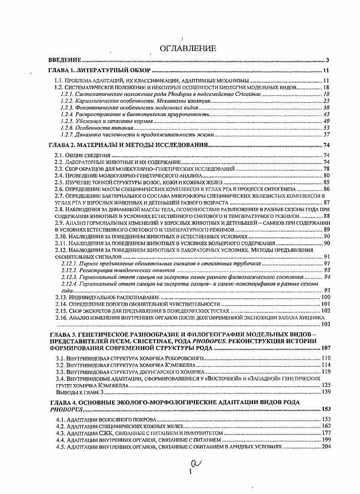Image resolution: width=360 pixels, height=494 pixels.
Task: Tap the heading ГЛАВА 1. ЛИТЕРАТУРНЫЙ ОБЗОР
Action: click(x=99, y=71)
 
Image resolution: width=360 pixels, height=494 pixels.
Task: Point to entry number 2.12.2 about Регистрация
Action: click(x=69, y=270)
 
